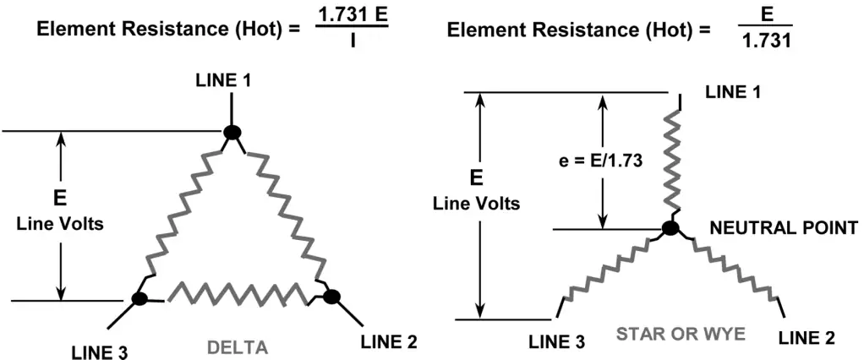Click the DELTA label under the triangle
point(238,348)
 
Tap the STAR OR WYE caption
point(680,334)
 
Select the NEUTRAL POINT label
point(784,227)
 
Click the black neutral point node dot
point(670,228)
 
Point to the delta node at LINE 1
point(232,133)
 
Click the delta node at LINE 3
point(140,298)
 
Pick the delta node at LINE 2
point(331,297)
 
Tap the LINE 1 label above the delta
point(223,81)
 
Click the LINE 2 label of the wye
point(807,337)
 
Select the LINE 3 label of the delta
point(100,352)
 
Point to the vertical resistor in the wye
point(675,159)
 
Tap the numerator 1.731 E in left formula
point(352,17)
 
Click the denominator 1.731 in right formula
point(767,41)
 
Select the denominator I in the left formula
point(352,41)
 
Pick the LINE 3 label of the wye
point(558,342)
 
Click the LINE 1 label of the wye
point(734,92)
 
